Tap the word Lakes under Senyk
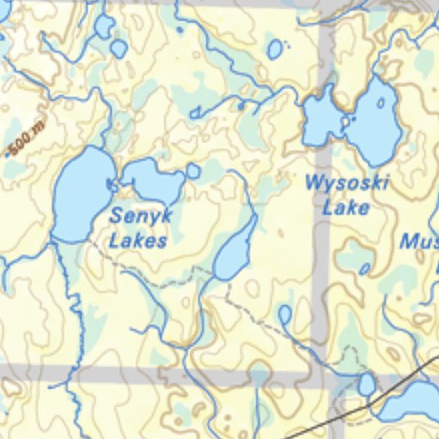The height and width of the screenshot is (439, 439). tap(137, 240)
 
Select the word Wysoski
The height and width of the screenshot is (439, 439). tap(347, 183)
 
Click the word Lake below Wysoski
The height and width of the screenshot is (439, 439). tap(346, 207)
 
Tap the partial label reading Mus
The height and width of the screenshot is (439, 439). tap(419, 242)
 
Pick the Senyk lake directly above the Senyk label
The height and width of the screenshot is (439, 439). tap(153, 178)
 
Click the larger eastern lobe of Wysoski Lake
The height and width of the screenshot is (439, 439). tap(375, 120)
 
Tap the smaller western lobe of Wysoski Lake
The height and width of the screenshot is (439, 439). tap(320, 119)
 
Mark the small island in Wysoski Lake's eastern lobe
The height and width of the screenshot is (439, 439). tap(380, 104)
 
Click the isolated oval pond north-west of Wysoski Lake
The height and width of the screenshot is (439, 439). tap(274, 50)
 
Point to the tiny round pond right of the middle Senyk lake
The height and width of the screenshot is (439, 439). tap(194, 171)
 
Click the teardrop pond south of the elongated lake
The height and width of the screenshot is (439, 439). tap(285, 315)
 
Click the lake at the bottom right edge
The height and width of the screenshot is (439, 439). tap(412, 401)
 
